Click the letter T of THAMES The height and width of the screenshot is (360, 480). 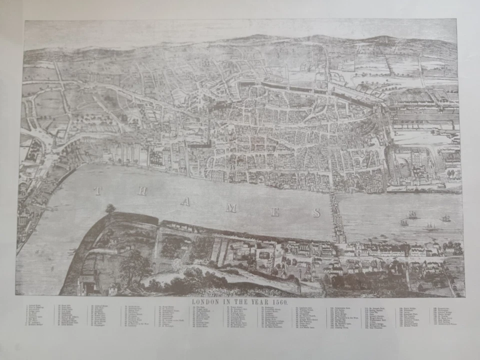[97, 190]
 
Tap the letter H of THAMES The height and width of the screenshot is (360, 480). [143, 191]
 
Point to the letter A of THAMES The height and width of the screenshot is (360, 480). [185, 201]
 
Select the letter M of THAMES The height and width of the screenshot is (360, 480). [230, 207]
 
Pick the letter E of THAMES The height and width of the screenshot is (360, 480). [274, 212]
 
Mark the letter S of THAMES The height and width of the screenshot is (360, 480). [316, 213]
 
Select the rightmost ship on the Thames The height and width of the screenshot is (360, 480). [445, 218]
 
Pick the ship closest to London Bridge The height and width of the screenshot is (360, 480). [404, 222]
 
